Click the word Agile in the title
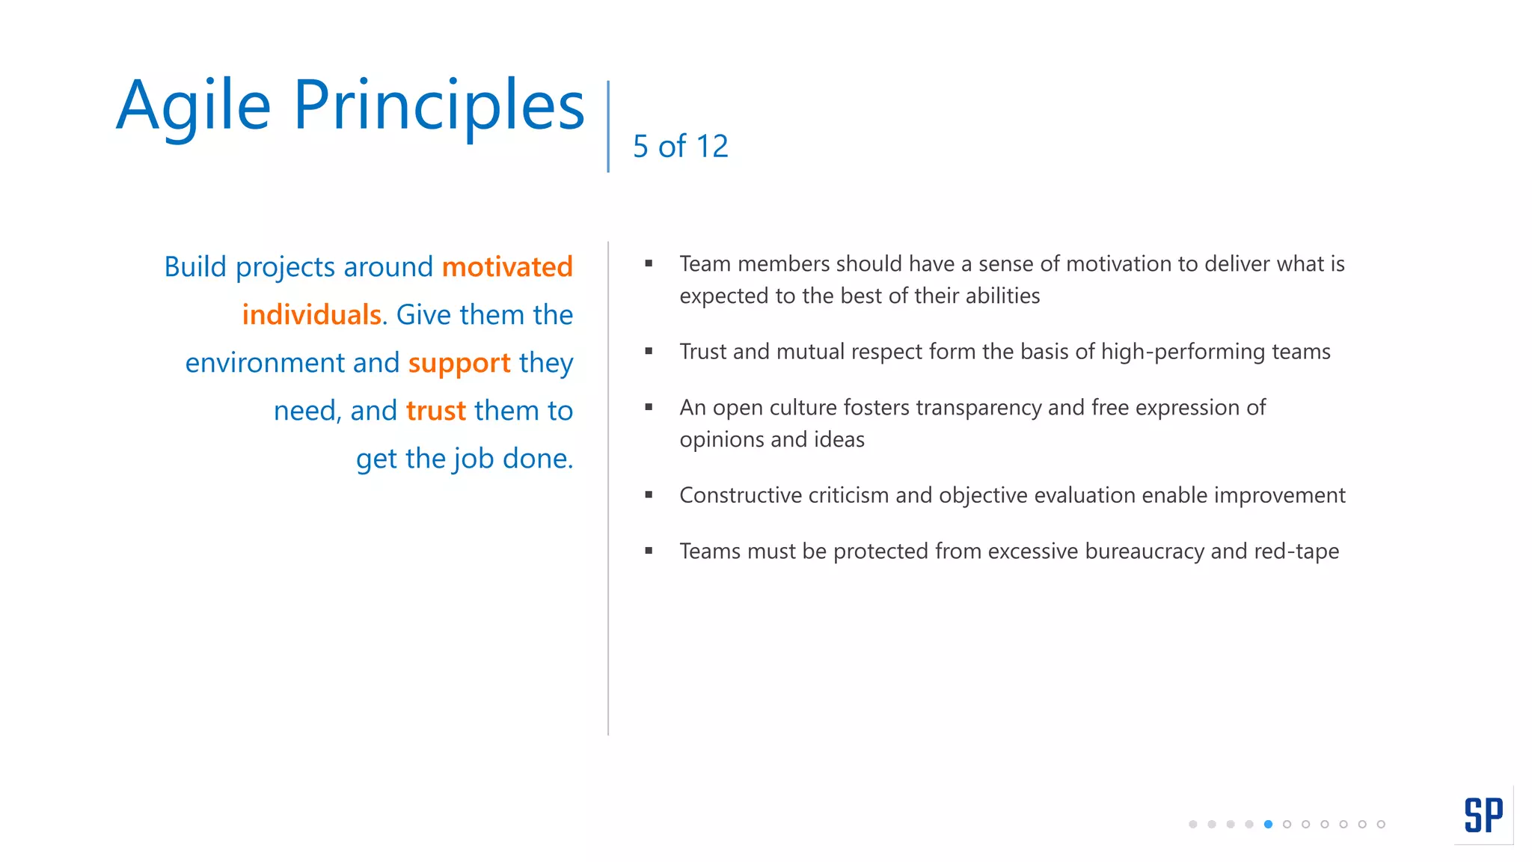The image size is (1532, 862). coord(193,106)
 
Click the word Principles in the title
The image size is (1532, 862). coord(438,106)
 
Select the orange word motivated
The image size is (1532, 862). coord(507,267)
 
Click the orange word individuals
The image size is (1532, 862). coord(311,315)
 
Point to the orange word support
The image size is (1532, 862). coord(459,364)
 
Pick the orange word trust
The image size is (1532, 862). coord(436,411)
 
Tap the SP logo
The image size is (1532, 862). coord(1483,815)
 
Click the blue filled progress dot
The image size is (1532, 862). coord(1268,825)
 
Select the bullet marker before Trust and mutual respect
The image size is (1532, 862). coord(649,351)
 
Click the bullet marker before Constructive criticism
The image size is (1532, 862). coord(649,495)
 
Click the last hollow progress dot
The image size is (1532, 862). coord(1381,825)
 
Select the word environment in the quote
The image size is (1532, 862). coord(265,363)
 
